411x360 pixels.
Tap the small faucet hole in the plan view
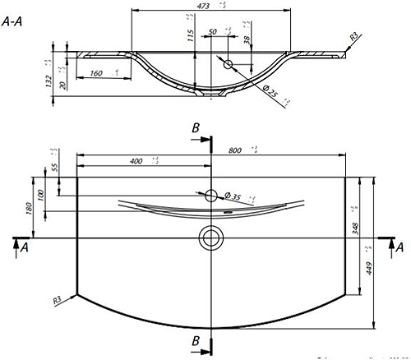pos(211,195)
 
